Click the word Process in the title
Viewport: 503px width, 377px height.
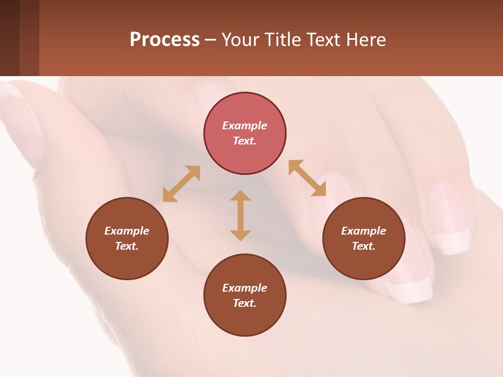pos(165,40)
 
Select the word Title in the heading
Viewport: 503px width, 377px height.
pos(283,40)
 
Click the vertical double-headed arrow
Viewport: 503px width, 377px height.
pos(240,215)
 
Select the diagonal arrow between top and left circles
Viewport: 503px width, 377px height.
pos(181,184)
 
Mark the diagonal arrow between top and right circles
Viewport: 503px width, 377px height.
pos(308,178)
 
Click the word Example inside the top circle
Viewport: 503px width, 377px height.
pos(245,126)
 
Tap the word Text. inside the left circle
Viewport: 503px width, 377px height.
pos(127,246)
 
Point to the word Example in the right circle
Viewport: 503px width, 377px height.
pos(364,231)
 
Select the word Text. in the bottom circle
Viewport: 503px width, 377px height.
pos(245,303)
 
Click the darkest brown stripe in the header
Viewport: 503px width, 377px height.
pos(9,38)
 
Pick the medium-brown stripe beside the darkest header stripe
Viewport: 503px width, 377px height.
pos(29,38)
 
